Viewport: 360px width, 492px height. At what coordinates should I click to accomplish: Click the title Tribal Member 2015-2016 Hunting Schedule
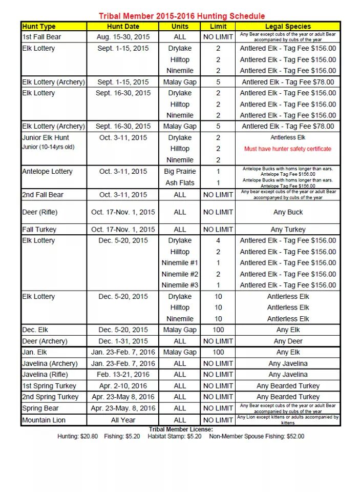(x=182, y=16)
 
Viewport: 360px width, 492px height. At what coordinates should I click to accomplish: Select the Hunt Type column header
(x=39, y=26)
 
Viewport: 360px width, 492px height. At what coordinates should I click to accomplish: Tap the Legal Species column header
(x=288, y=26)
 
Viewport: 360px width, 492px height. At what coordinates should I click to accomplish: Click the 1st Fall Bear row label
(x=42, y=37)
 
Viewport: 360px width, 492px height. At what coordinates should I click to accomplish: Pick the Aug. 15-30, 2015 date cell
(x=123, y=37)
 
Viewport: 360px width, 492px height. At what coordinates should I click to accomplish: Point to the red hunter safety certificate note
(x=288, y=149)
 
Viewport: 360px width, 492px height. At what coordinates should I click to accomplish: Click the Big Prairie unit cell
(x=180, y=171)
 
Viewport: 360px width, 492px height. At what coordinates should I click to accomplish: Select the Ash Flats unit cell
(x=180, y=182)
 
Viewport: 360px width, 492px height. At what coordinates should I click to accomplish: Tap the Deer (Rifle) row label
(x=40, y=212)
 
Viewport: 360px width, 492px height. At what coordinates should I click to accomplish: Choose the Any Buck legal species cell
(x=288, y=212)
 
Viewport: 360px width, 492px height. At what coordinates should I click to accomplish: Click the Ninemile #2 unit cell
(x=180, y=274)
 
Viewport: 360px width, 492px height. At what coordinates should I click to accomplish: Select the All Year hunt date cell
(x=123, y=420)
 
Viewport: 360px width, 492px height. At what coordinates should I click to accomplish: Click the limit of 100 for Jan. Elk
(x=218, y=352)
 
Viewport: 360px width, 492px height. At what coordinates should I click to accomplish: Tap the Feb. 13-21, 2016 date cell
(x=123, y=375)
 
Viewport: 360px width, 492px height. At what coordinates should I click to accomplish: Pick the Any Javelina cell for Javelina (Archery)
(x=288, y=363)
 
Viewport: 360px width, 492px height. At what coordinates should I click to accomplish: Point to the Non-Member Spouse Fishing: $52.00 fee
(x=257, y=437)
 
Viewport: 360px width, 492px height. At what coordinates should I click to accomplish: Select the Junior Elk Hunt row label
(x=46, y=137)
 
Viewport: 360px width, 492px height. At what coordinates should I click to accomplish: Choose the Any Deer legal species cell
(x=288, y=341)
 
